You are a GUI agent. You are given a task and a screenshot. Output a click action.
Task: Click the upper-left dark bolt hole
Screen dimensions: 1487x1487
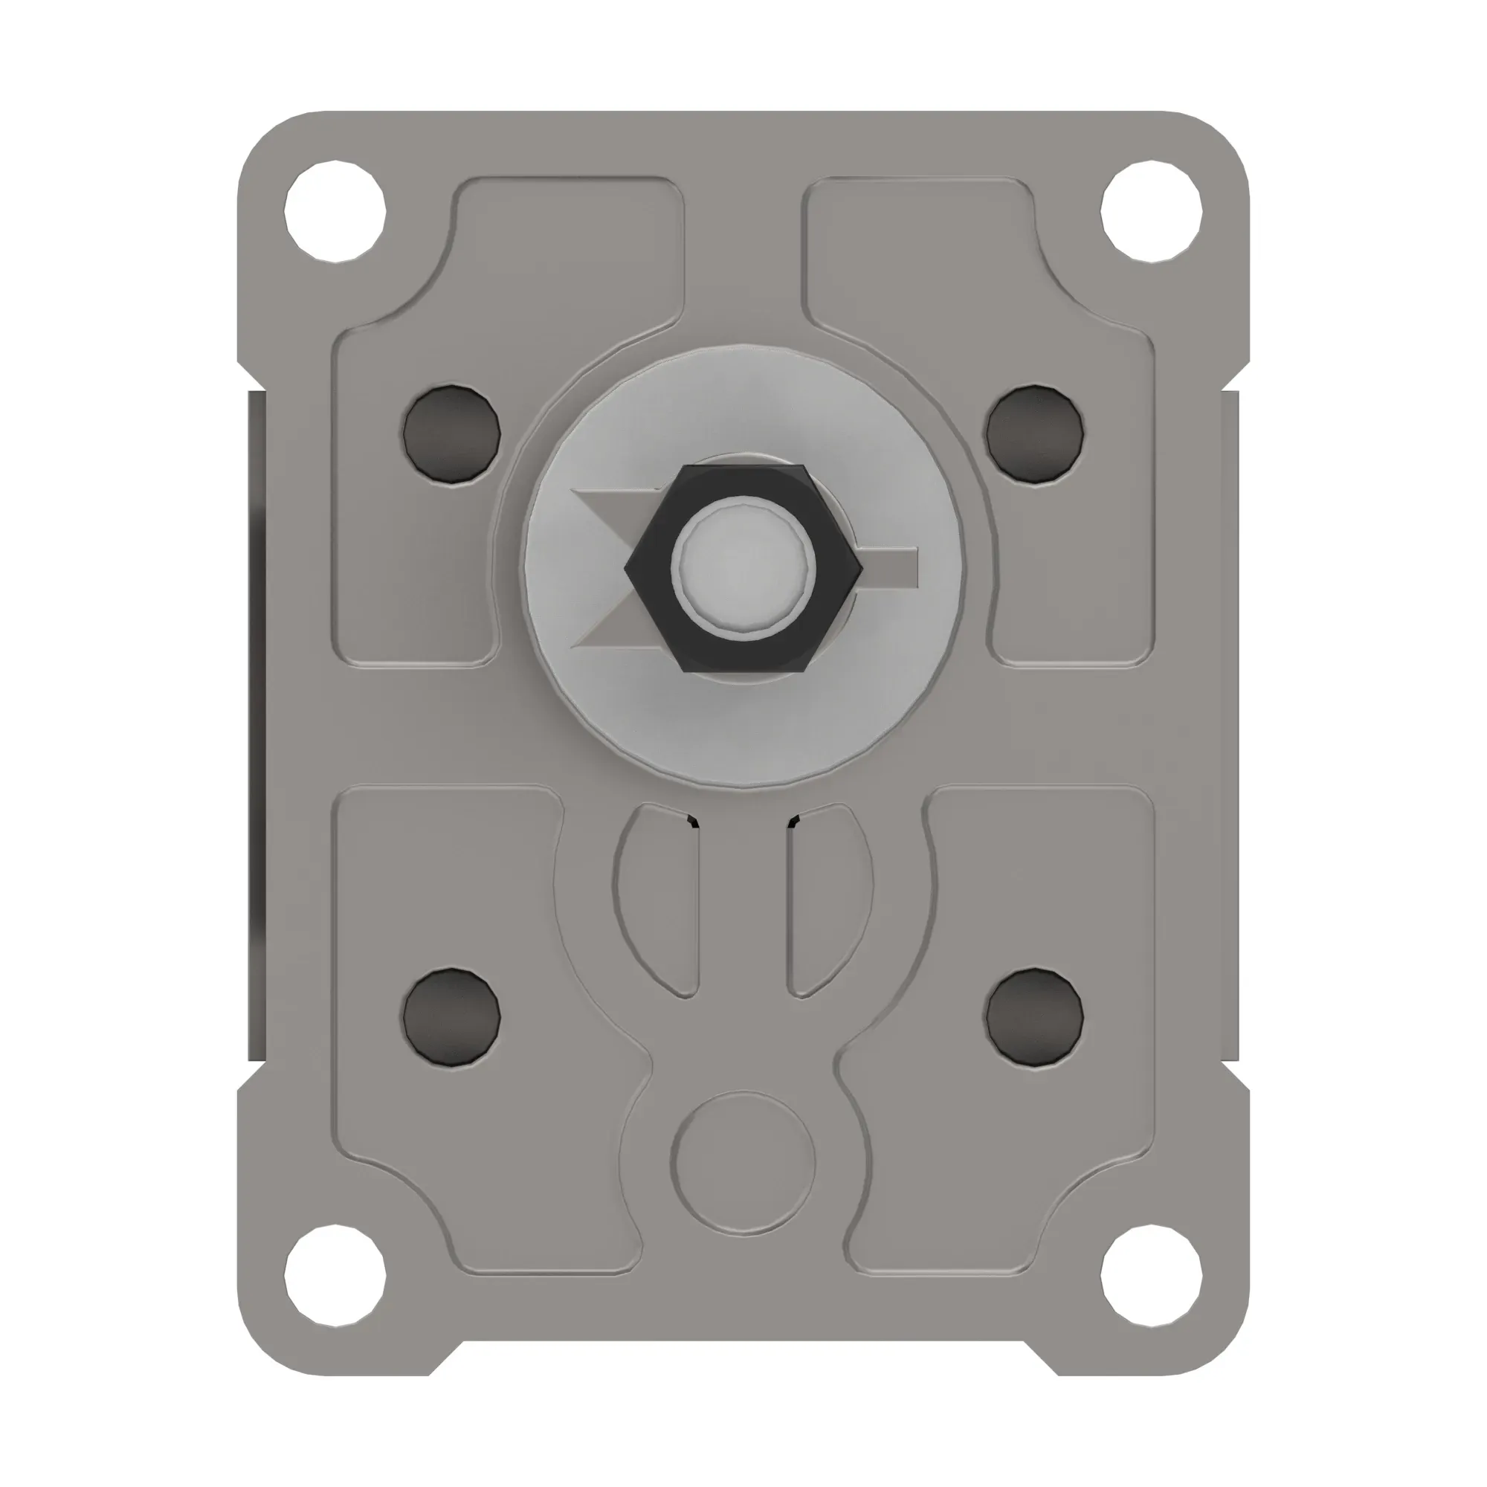[x=452, y=434]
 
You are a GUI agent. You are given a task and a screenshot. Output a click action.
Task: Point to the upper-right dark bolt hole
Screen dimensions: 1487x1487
[x=1035, y=434]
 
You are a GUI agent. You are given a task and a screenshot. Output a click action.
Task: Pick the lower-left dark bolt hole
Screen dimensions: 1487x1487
[x=452, y=1018]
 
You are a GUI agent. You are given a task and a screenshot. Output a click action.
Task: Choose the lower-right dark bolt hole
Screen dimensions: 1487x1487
[x=1035, y=1018]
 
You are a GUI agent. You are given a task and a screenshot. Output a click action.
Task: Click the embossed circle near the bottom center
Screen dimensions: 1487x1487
[x=743, y=1163]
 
